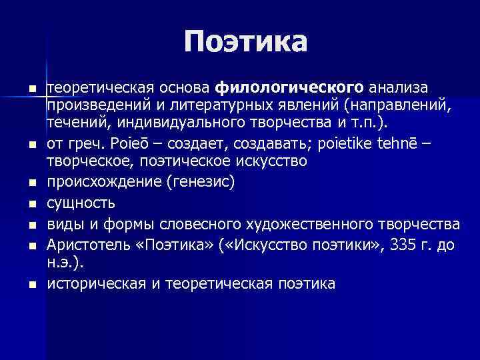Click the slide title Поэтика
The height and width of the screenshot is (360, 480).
pos(246,41)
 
